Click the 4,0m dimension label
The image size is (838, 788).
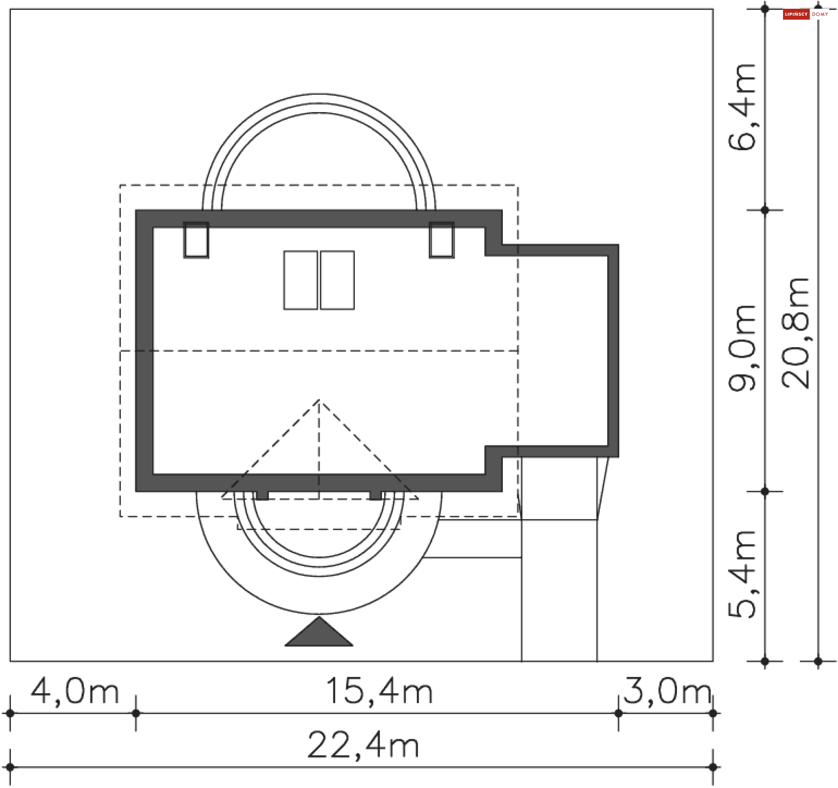click(75, 692)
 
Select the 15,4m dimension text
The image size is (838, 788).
click(379, 692)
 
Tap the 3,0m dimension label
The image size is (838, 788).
click(667, 692)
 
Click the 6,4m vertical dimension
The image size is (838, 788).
click(742, 107)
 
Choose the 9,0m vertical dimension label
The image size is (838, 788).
click(742, 348)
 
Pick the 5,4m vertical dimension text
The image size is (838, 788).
click(742, 575)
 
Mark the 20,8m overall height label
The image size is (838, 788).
click(795, 333)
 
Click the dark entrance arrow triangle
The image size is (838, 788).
click(319, 631)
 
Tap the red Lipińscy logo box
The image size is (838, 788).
click(796, 14)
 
